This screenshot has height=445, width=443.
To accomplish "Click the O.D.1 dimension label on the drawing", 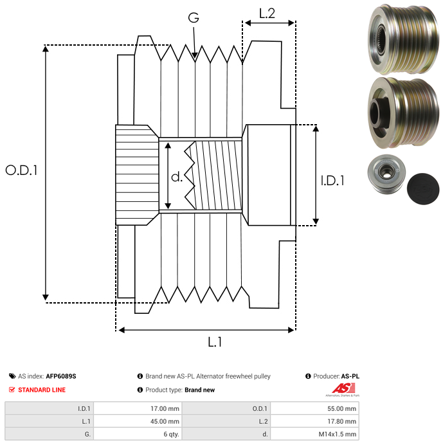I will click(x=22, y=170).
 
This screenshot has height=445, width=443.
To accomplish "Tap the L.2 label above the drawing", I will click(x=267, y=13).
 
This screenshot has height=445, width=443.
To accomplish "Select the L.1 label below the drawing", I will click(x=215, y=343).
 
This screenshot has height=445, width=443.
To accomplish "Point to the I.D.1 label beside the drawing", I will click(x=332, y=181).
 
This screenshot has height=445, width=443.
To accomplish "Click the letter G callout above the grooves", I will click(x=194, y=17).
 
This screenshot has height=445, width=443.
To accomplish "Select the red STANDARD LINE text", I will click(x=42, y=390).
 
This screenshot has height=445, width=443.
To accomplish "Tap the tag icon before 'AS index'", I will click(x=12, y=376).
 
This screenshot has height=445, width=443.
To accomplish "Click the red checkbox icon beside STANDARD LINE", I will click(x=12, y=390).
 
